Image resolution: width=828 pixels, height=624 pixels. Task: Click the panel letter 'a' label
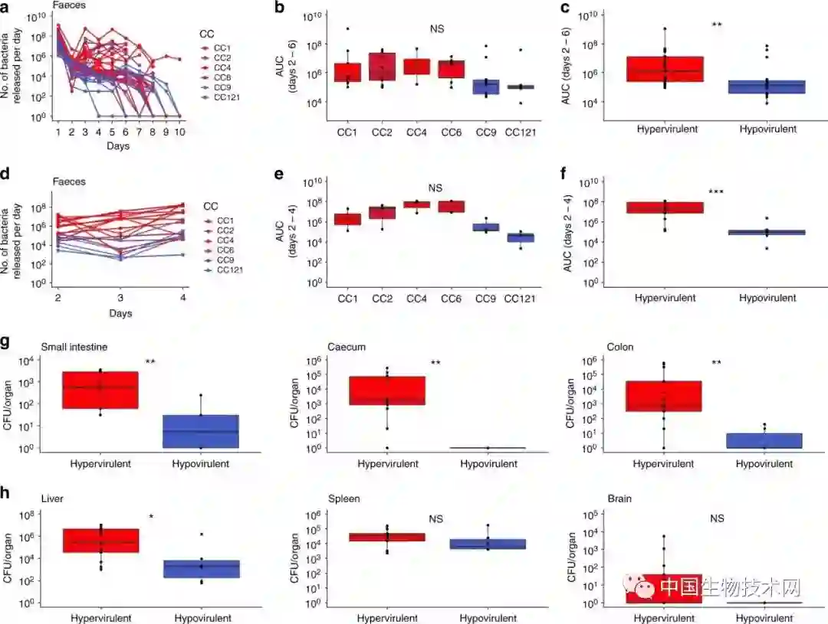tap(7, 8)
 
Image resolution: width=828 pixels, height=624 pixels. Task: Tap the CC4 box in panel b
tap(416, 67)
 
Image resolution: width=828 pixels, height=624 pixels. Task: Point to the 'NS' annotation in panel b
tap(437, 29)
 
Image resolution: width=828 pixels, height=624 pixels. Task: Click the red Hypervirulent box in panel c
tap(665, 69)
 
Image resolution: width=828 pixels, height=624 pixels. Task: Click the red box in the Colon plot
tap(664, 396)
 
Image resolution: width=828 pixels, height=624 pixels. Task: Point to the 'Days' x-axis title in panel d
tap(120, 313)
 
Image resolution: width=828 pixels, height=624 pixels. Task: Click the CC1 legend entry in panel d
tap(224, 221)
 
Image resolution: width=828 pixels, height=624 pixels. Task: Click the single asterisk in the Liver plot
tap(151, 518)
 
